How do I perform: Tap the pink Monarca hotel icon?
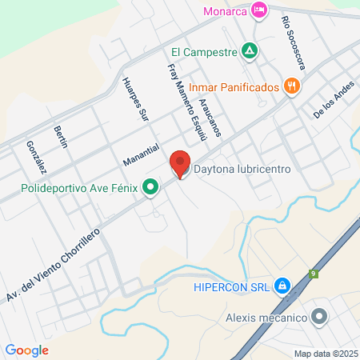(258, 10)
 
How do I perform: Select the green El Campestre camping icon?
(250, 51)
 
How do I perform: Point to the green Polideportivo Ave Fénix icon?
(150, 189)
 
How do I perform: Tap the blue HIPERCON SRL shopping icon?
(282, 286)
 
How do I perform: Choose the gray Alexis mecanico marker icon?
(319, 318)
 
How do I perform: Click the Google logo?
(26, 350)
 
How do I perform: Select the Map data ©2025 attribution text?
(325, 354)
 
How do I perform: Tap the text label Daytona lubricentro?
(242, 170)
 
